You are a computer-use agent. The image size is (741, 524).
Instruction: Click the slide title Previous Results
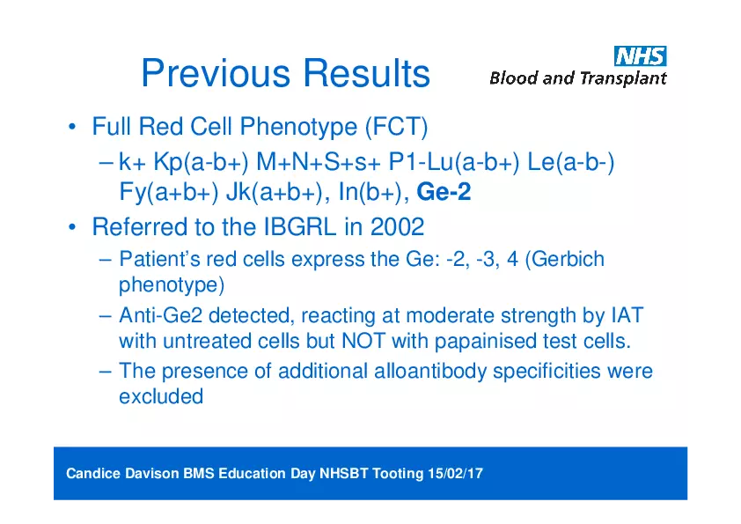point(285,74)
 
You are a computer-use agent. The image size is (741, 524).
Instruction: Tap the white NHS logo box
point(640,56)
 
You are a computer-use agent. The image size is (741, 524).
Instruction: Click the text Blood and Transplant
point(577,78)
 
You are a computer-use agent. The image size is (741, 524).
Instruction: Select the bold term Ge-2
point(444,192)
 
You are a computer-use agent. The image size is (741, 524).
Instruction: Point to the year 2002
point(397,227)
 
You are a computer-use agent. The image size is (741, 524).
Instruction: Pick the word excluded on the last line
point(160,396)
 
